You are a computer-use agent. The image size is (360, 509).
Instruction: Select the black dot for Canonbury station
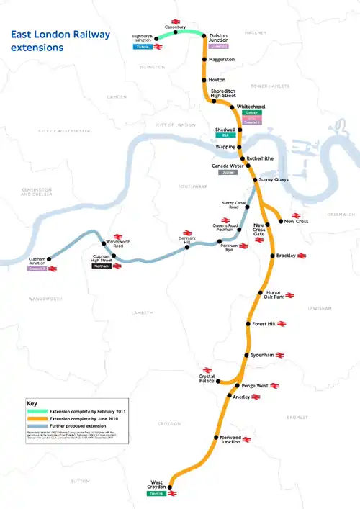[175, 32]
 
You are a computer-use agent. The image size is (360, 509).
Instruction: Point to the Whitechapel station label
[252, 105]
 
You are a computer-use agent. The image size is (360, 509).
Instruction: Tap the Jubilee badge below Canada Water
[225, 173]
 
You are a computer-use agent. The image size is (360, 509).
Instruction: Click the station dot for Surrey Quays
[253, 179]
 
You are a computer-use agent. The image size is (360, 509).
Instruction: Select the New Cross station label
[296, 222]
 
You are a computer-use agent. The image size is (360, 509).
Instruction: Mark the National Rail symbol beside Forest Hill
[280, 325]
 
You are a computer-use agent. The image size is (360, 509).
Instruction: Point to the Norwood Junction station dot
[215, 438]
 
